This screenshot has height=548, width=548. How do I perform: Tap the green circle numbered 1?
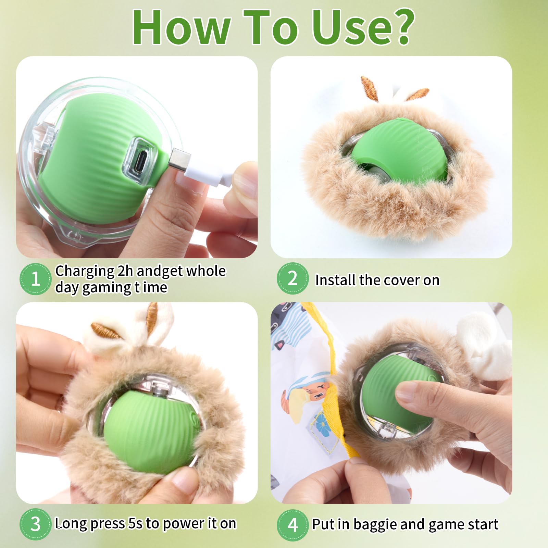point(35,279)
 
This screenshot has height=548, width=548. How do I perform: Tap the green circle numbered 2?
point(292,278)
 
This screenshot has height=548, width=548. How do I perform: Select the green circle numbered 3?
point(35,524)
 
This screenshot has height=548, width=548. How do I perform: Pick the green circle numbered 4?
point(292,525)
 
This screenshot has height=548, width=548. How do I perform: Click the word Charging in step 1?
point(84,271)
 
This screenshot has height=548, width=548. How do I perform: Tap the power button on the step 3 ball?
point(158,390)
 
